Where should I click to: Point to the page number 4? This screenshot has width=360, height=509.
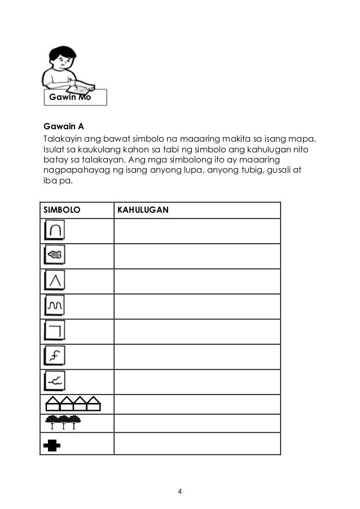(x=179, y=490)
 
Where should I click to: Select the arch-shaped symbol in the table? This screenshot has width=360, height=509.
(x=55, y=230)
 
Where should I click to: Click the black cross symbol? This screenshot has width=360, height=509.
(x=52, y=445)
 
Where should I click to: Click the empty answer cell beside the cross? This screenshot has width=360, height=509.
(x=197, y=444)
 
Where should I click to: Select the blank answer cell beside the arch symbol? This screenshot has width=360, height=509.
(x=197, y=231)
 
